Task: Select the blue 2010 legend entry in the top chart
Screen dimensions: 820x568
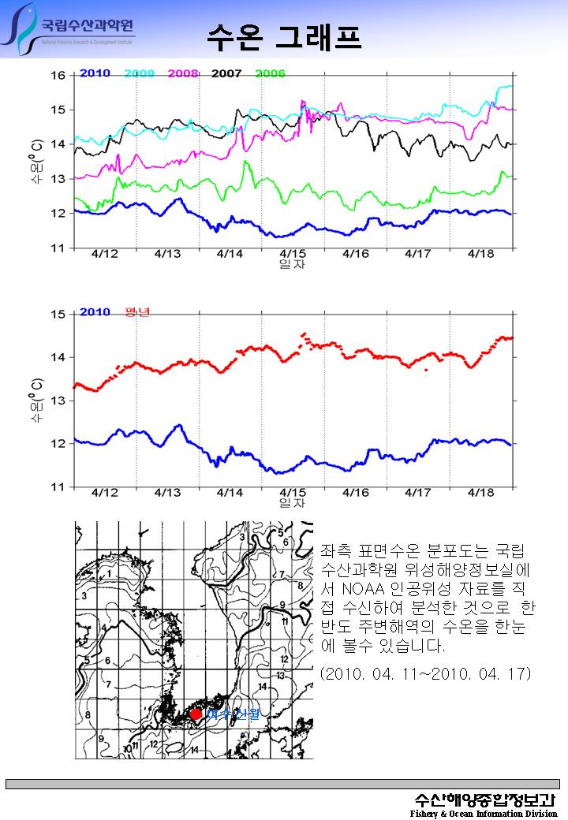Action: [x=95, y=73]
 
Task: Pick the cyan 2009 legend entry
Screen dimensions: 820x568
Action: [x=139, y=73]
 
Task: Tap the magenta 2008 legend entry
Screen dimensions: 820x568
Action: [x=183, y=73]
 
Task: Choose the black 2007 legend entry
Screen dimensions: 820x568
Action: [x=226, y=73]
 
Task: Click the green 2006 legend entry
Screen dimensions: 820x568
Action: [x=270, y=73]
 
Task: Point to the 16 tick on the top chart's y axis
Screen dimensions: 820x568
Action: [x=58, y=76]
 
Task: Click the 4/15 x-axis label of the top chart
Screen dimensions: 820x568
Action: [x=293, y=254]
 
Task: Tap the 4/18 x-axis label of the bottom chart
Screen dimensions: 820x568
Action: [x=481, y=493]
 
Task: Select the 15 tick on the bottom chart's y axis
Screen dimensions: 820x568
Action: [x=58, y=315]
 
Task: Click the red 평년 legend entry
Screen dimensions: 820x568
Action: [x=137, y=311]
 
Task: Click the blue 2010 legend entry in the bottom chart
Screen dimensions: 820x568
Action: [x=95, y=311]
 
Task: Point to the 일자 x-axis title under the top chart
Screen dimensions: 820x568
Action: [x=293, y=264]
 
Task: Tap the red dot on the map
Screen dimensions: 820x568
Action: [x=196, y=714]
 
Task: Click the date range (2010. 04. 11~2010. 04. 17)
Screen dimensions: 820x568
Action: [x=426, y=673]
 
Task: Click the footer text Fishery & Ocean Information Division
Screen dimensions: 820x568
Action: [x=483, y=813]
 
